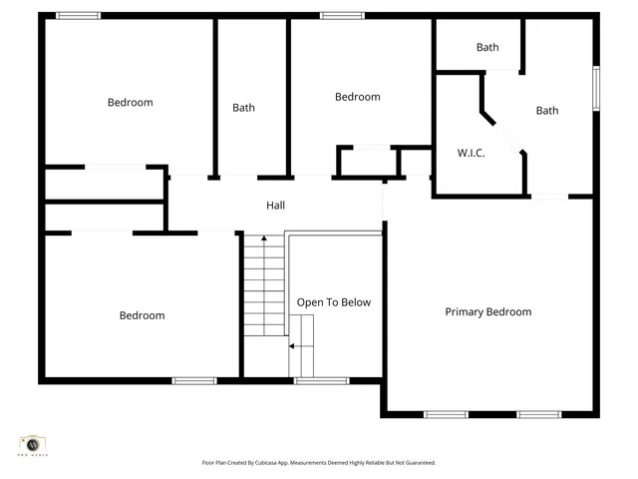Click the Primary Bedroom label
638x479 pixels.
487,311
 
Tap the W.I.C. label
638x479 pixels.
472,153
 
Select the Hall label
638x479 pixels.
275,206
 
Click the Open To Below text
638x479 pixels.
334,301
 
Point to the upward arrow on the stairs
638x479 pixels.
263,239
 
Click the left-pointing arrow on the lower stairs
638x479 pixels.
292,346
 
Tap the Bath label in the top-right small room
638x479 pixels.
487,47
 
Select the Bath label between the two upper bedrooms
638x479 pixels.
244,108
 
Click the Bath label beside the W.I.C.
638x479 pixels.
547,111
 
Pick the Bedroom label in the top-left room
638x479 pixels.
131,102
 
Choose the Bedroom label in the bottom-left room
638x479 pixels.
142,315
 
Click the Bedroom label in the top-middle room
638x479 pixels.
357,97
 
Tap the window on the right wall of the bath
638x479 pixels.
596,88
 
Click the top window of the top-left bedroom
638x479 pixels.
78,15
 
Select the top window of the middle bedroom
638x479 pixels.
342,15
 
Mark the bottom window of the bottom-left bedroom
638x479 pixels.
194,380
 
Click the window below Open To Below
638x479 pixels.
321,380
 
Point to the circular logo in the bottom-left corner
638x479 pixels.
33,443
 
